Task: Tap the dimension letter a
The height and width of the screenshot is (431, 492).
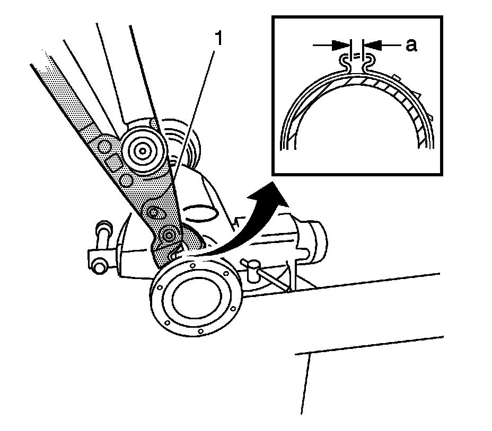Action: click(x=411, y=46)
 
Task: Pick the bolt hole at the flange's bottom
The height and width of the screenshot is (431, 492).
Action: click(x=200, y=332)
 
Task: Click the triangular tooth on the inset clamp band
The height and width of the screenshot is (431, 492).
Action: click(x=417, y=95)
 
